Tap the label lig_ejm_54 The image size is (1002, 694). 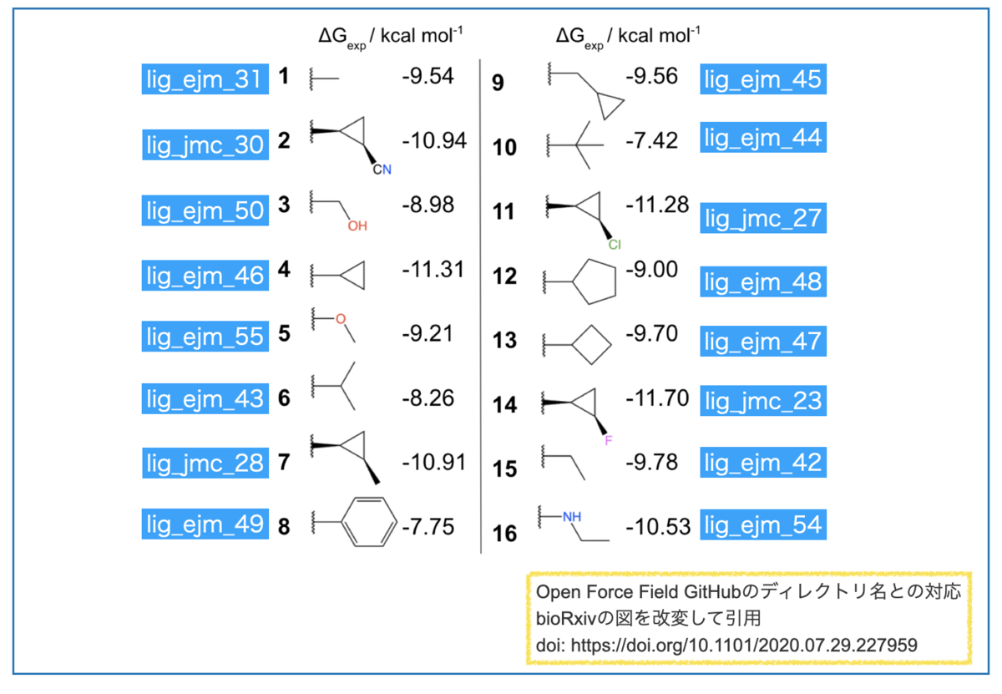click(762, 525)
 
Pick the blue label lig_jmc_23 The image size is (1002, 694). click(762, 401)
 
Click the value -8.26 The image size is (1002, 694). click(428, 398)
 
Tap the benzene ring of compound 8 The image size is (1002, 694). click(367, 523)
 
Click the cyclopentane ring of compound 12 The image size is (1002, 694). click(595, 282)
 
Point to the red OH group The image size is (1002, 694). click(357, 225)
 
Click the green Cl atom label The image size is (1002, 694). click(614, 245)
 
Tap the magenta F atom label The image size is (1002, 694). click(608, 440)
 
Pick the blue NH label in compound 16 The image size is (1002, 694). click(571, 516)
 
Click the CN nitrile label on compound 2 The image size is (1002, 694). click(382, 170)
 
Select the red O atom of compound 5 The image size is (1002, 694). click(340, 318)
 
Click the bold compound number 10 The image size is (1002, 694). click(505, 148)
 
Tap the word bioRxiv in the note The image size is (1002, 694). click(565, 619)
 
